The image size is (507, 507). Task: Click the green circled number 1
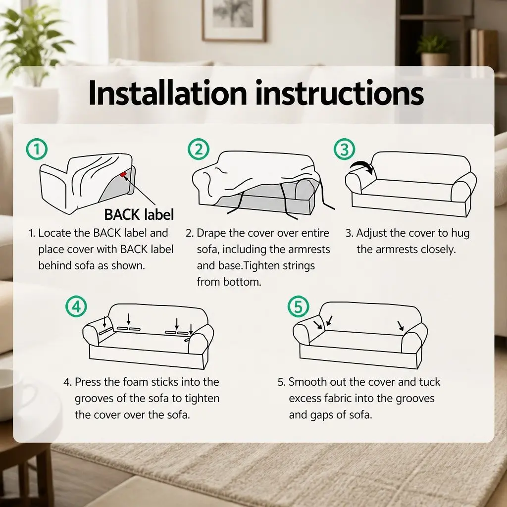pyautogui.click(x=37, y=149)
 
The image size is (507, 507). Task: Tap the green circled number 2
pyautogui.click(x=198, y=149)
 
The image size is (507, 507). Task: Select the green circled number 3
pyautogui.click(x=345, y=149)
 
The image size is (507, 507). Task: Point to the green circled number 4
pyautogui.click(x=76, y=306)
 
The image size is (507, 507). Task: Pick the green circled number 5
pyautogui.click(x=298, y=306)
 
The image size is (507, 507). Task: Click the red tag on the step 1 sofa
pyautogui.click(x=123, y=175)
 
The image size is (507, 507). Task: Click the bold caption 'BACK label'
pyautogui.click(x=139, y=214)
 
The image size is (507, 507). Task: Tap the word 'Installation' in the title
pyautogui.click(x=168, y=93)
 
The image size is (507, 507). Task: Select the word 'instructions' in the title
pyautogui.click(x=340, y=93)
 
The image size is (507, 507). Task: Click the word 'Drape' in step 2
pyautogui.click(x=210, y=233)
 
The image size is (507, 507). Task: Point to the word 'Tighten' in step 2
pyautogui.click(x=261, y=266)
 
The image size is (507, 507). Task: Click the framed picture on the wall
pyautogui.click(x=234, y=20)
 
